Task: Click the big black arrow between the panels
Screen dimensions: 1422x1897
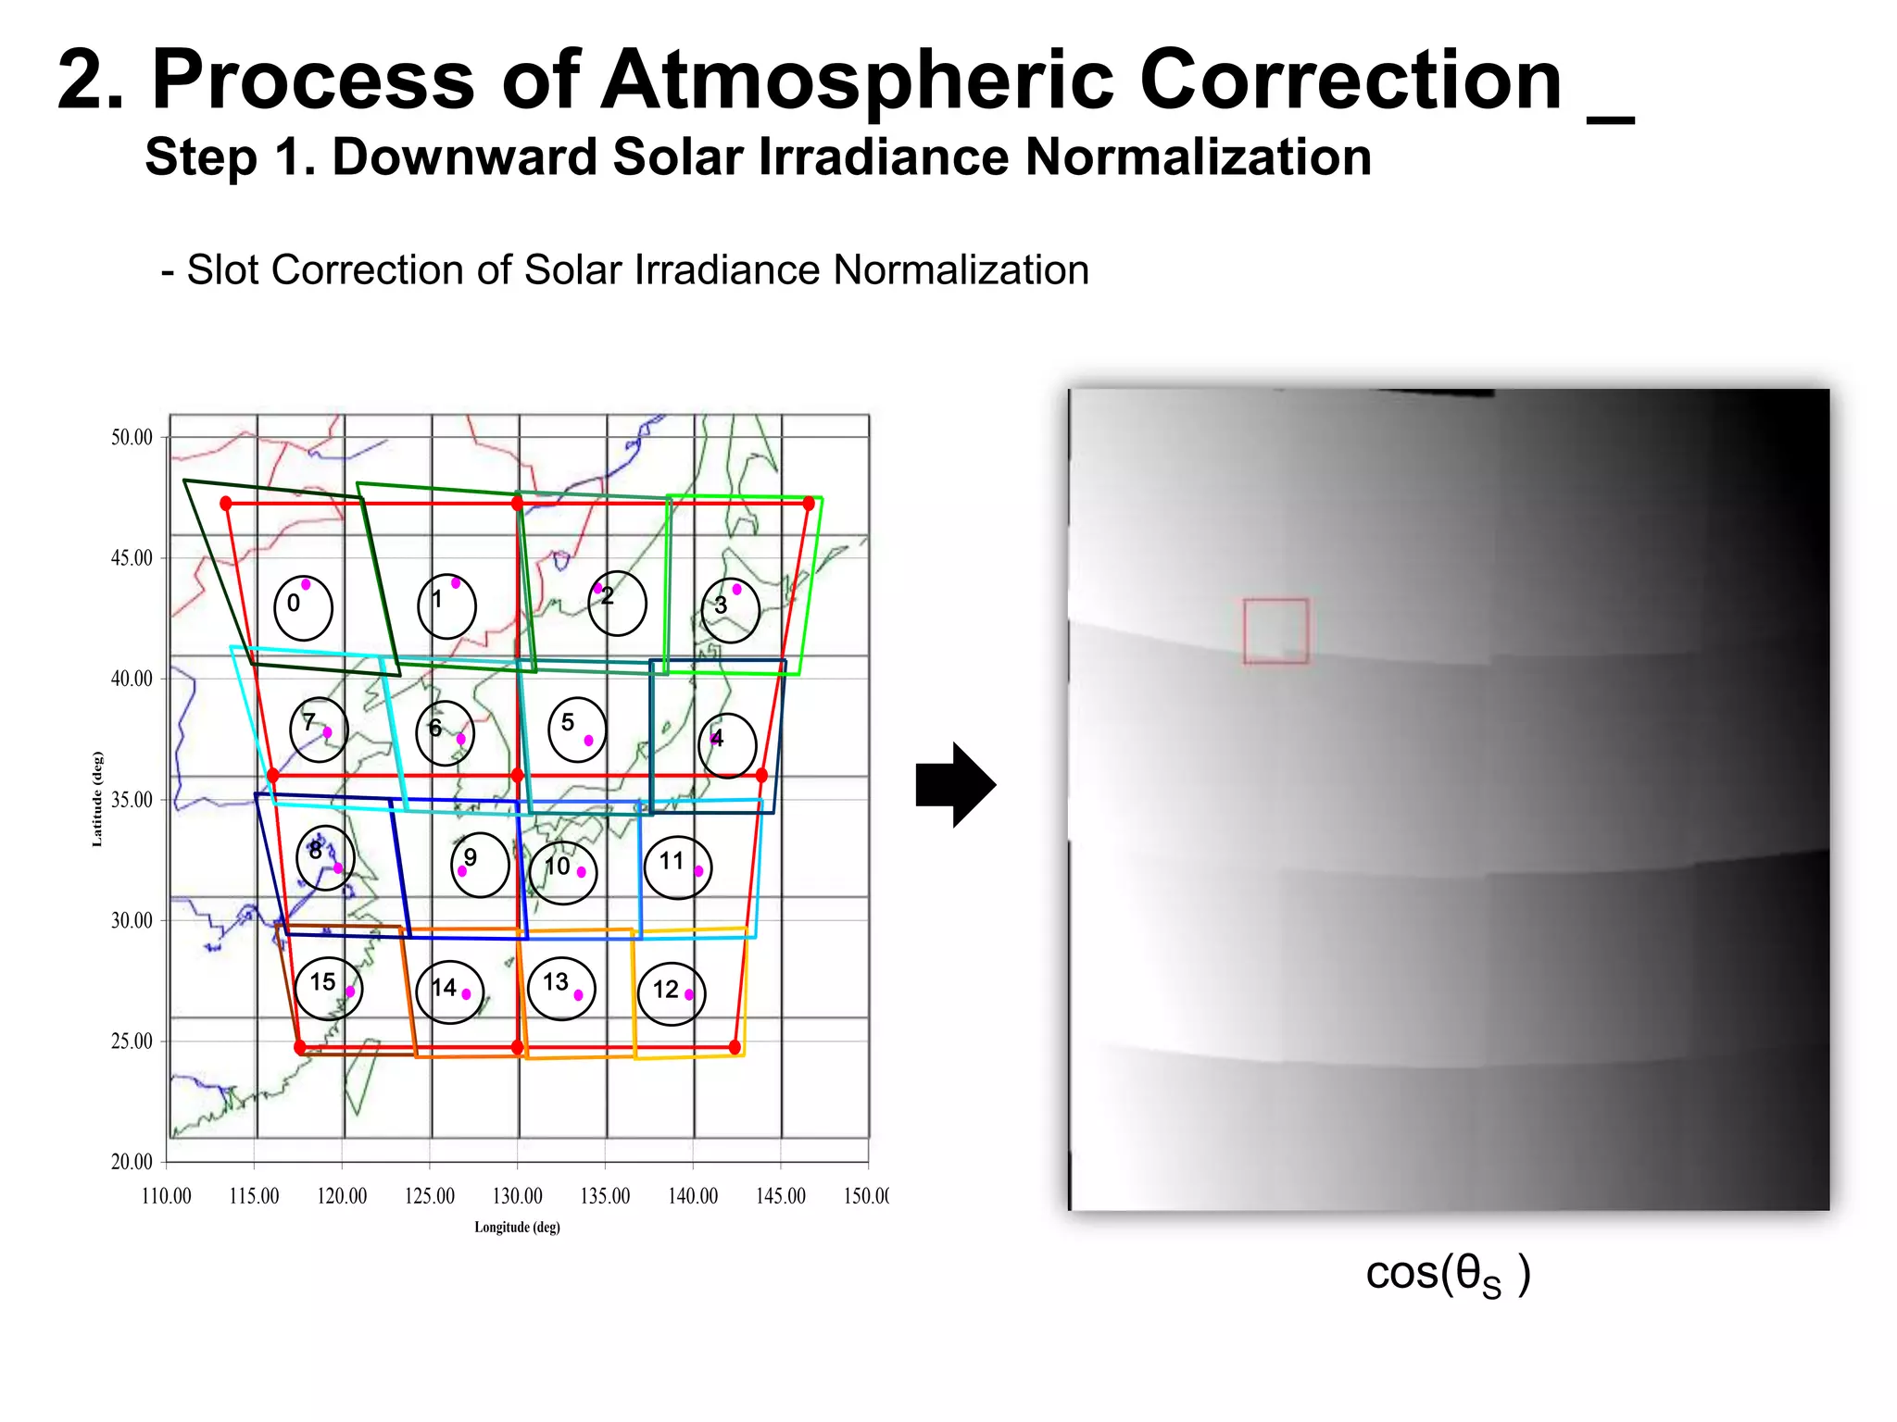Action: (955, 784)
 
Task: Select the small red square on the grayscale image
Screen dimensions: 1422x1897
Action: (1275, 630)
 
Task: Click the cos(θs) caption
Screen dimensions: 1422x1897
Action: (1447, 1274)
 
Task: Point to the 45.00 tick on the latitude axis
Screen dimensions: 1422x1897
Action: (132, 558)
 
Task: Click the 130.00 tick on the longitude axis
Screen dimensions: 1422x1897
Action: (517, 1196)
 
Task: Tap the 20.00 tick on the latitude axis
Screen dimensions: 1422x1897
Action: (132, 1162)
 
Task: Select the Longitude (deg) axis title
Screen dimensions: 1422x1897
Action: (517, 1228)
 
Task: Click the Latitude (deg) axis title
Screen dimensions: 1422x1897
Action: (97, 798)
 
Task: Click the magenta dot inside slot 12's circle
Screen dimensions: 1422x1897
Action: (689, 994)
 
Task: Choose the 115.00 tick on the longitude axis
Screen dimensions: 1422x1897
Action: (254, 1196)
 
